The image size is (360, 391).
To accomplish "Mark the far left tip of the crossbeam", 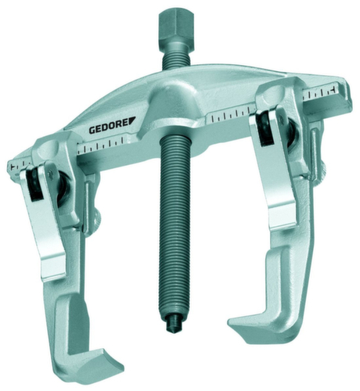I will tap(11, 167).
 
